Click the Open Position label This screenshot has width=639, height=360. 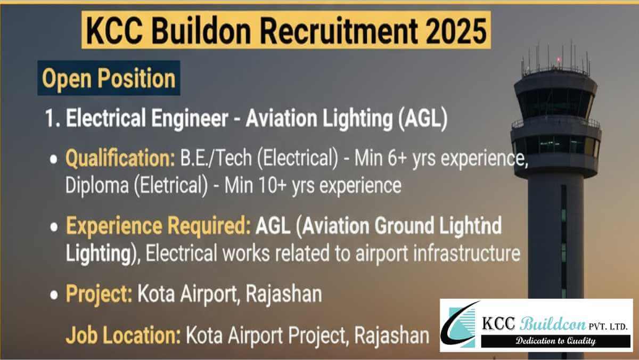[109, 78]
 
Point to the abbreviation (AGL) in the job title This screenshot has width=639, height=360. [423, 119]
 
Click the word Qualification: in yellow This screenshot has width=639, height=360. [120, 159]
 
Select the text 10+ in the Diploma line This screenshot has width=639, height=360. [273, 185]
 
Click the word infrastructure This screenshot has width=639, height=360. [466, 253]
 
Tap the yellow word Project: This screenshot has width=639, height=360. [99, 294]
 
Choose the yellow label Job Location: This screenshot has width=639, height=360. [123, 336]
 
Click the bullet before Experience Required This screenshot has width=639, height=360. [54, 227]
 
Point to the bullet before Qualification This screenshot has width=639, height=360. [54, 159]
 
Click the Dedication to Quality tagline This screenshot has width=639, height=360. [556, 341]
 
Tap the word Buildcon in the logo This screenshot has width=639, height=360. [553, 324]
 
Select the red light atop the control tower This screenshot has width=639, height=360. [558, 60]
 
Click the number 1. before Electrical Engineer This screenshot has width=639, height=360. [53, 119]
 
